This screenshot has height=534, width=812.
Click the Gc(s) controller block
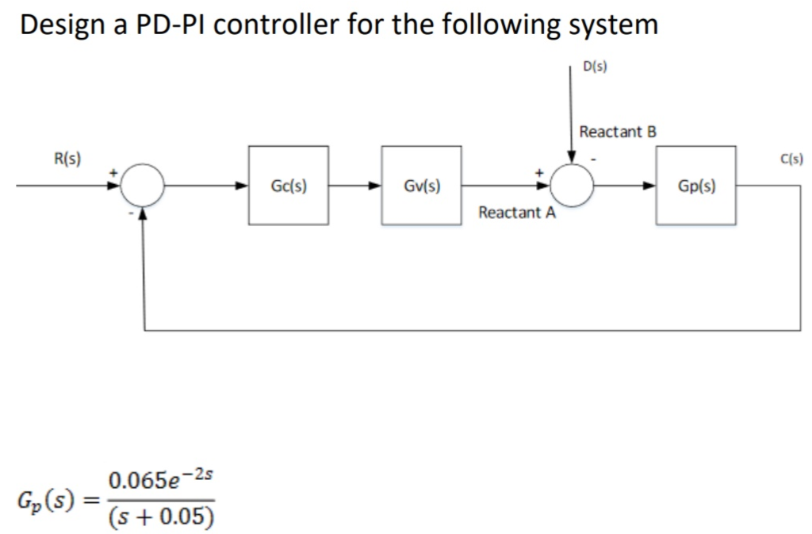pyautogui.click(x=289, y=186)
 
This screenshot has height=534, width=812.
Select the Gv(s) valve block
pyautogui.click(x=422, y=186)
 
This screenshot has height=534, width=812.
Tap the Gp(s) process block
pyautogui.click(x=696, y=186)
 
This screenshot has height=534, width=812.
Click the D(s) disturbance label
pyautogui.click(x=595, y=67)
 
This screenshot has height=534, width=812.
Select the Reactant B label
pyautogui.click(x=619, y=131)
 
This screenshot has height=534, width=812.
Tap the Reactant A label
pyautogui.click(x=517, y=213)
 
